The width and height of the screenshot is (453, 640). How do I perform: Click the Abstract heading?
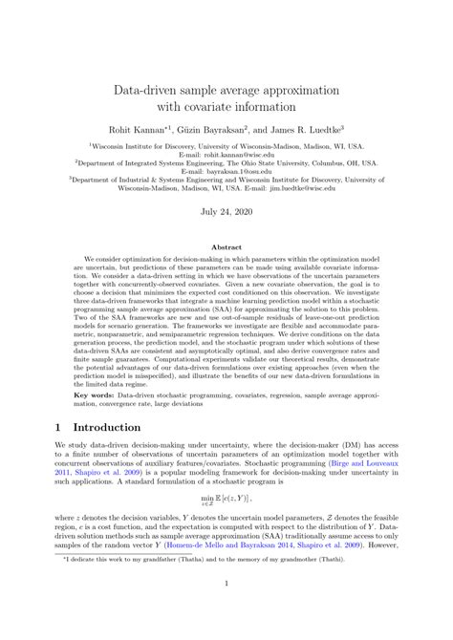(x=226, y=246)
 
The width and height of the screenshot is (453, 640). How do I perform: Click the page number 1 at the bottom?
(x=226, y=608)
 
